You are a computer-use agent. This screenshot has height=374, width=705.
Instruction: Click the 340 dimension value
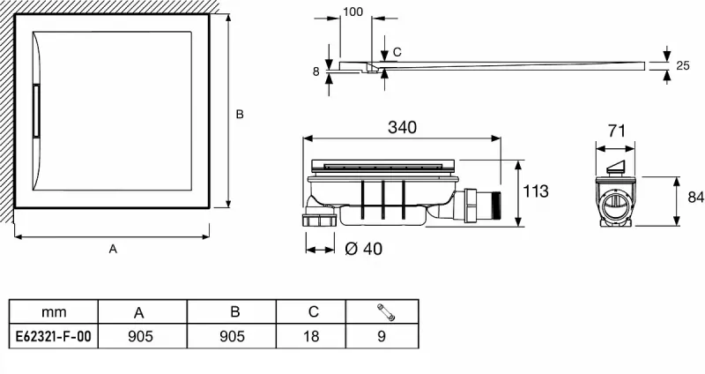point(402,127)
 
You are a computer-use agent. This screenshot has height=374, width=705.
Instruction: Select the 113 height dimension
point(536,191)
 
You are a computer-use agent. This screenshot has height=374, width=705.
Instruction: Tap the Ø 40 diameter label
point(363,249)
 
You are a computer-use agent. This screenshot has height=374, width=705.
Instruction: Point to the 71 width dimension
point(616,131)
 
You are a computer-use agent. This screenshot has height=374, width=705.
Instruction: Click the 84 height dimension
point(695,197)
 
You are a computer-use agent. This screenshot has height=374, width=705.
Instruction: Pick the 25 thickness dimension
point(682,65)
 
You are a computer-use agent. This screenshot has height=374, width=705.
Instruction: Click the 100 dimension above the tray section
point(352,12)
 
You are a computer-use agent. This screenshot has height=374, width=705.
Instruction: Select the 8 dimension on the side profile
point(315,71)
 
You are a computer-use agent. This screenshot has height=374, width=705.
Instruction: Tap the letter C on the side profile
point(397,52)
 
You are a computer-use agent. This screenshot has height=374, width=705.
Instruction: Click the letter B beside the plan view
point(240,115)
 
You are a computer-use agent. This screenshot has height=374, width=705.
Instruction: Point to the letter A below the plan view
point(113,249)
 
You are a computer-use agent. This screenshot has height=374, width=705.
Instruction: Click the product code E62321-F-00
point(54,336)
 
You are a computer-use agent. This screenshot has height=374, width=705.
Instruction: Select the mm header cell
point(54,312)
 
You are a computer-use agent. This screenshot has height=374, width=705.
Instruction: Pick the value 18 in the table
point(311,336)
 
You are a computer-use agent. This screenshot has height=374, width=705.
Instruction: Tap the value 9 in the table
point(382,336)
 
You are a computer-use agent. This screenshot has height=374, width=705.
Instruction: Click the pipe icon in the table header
point(386,312)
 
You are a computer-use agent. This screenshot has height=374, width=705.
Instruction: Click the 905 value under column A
point(141,336)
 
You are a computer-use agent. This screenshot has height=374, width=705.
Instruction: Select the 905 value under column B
point(232,336)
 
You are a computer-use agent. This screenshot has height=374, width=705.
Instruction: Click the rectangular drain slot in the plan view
point(36,111)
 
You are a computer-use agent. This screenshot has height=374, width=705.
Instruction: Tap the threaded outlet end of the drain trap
point(495,204)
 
